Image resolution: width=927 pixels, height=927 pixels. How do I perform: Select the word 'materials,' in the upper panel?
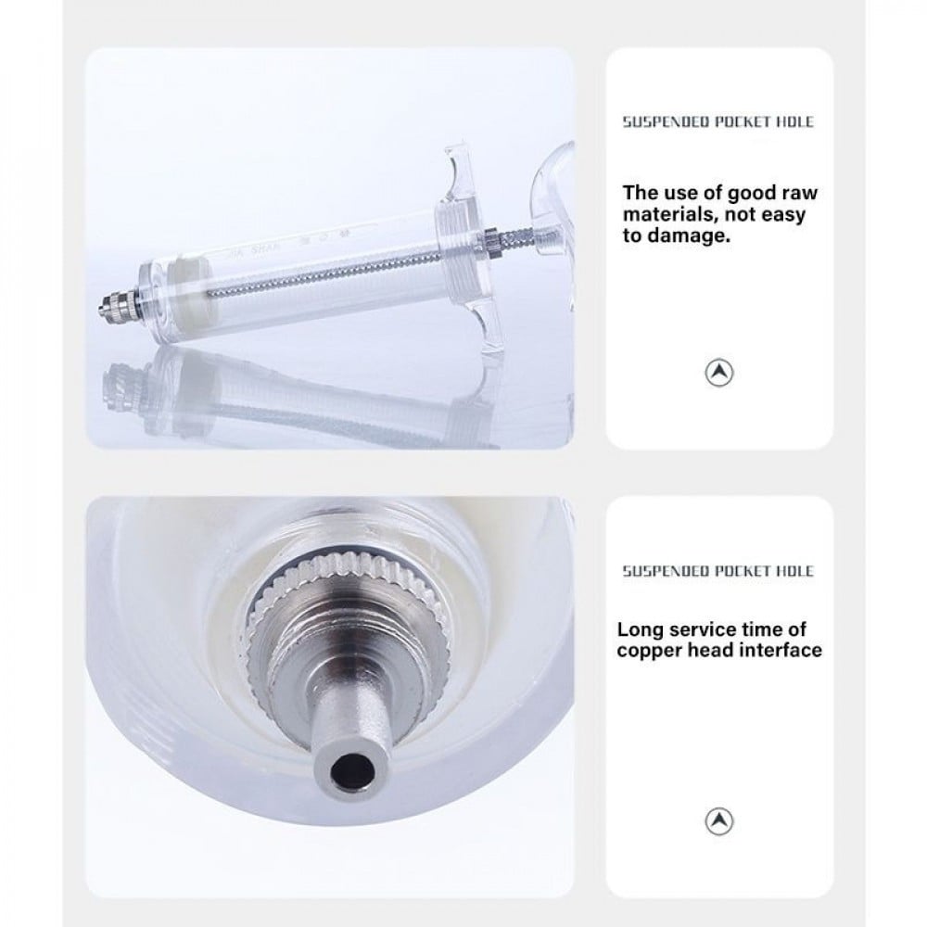click(671, 215)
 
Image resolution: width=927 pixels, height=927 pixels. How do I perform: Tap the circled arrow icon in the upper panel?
click(719, 373)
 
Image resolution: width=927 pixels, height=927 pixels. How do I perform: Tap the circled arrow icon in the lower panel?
click(719, 820)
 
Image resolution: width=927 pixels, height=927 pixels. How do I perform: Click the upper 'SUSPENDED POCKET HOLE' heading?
click(718, 122)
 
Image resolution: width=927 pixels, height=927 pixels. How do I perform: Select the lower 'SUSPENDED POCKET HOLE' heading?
click(718, 571)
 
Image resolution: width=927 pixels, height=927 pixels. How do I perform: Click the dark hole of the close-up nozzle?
click(353, 769)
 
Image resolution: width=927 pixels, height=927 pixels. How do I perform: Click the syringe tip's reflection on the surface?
click(123, 381)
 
